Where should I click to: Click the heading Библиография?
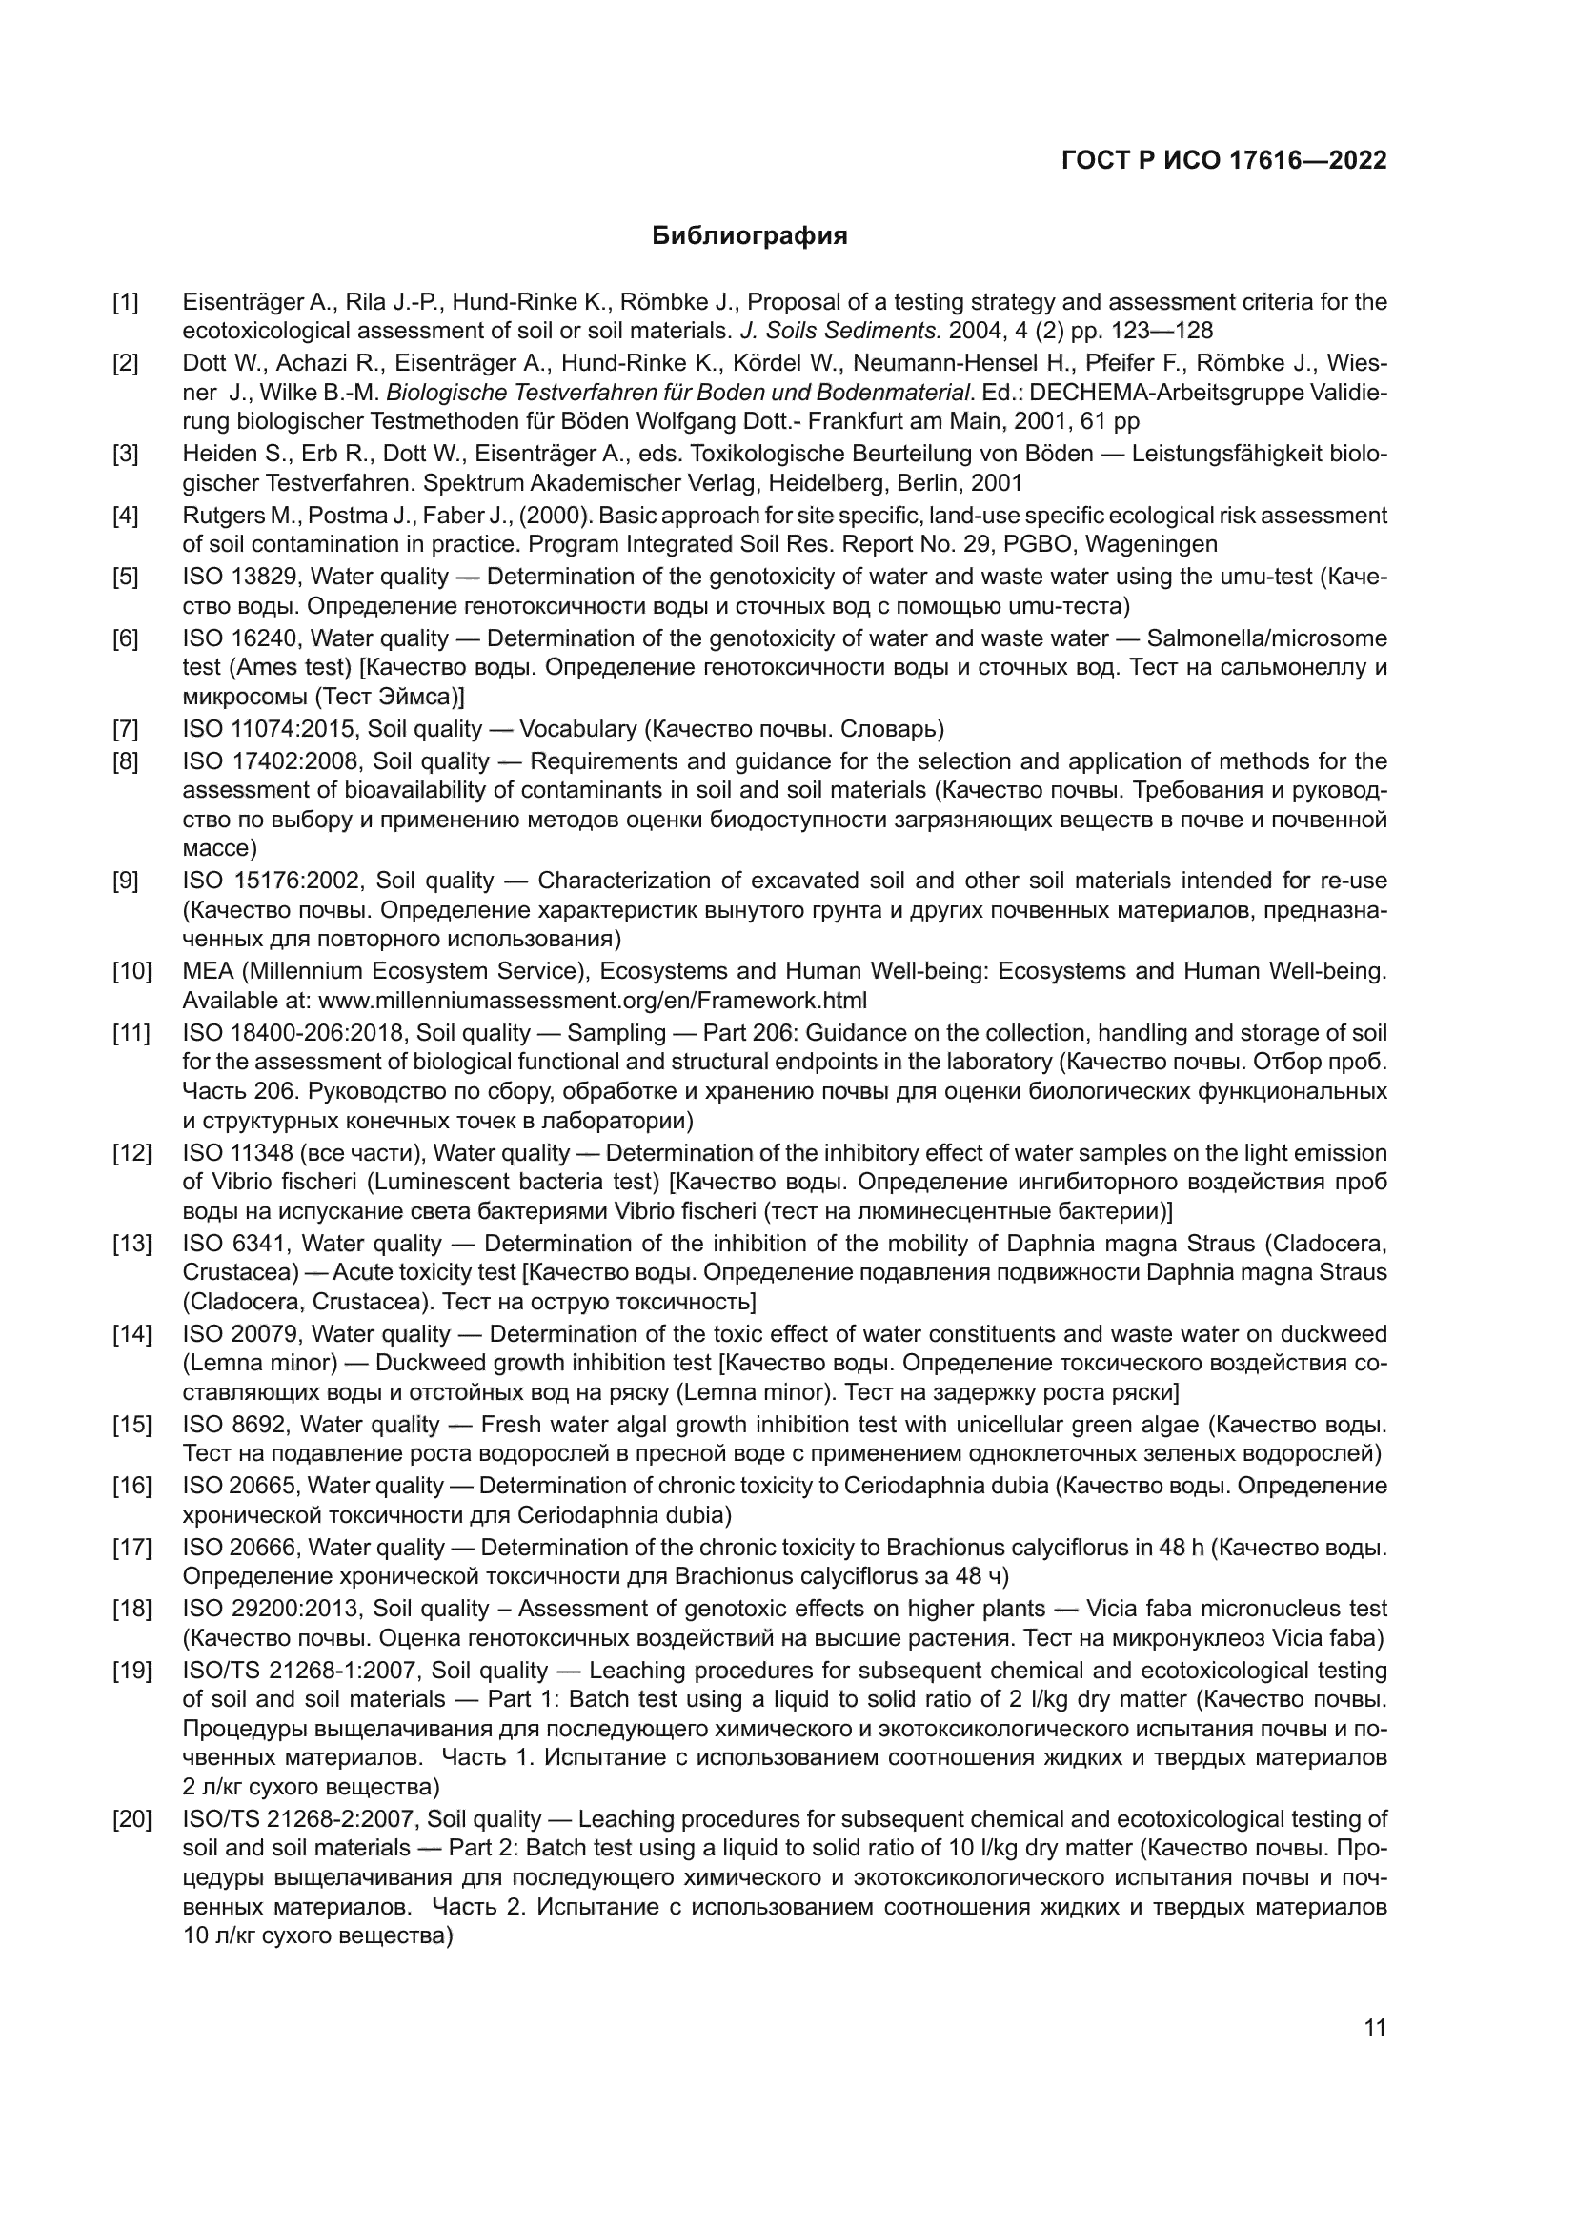coord(749,236)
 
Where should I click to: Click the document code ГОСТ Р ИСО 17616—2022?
coord(1223,160)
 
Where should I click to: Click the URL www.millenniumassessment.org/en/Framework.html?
coord(593,1000)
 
